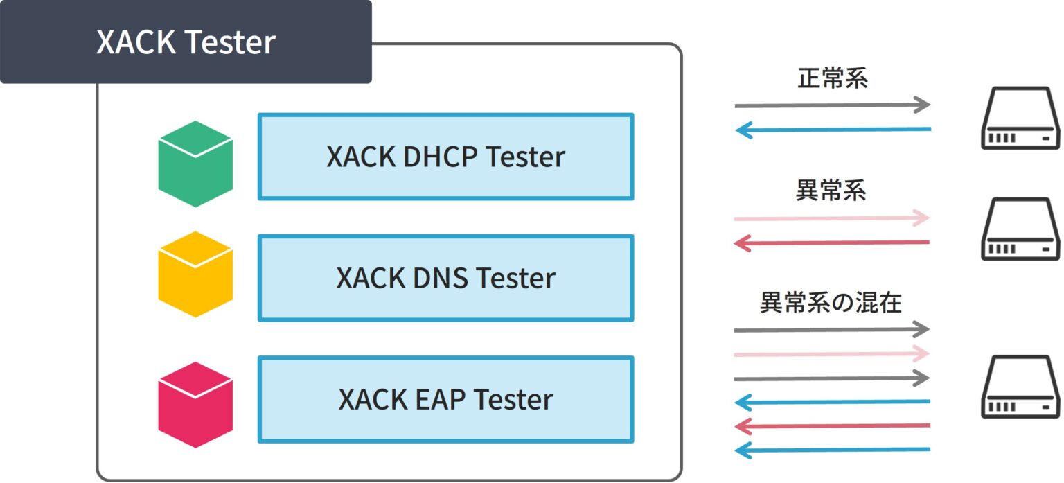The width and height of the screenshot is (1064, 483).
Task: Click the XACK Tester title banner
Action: [x=186, y=42]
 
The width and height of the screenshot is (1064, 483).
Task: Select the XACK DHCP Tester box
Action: [x=445, y=157]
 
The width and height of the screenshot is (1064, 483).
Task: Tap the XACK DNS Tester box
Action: [x=445, y=278]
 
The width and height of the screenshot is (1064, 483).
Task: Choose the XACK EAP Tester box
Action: [x=445, y=399]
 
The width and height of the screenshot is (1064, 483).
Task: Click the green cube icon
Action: [x=195, y=164]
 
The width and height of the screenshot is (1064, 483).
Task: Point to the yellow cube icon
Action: [x=195, y=274]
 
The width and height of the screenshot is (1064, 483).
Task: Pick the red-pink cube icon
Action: [x=195, y=405]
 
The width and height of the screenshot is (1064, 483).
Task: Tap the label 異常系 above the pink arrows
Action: [x=831, y=191]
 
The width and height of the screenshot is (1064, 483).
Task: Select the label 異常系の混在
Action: [x=831, y=303]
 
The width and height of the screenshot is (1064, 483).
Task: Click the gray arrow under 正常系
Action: [x=831, y=105]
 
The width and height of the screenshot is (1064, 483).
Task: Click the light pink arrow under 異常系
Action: [x=831, y=218]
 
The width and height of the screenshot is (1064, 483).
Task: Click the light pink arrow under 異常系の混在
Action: [x=831, y=354]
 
